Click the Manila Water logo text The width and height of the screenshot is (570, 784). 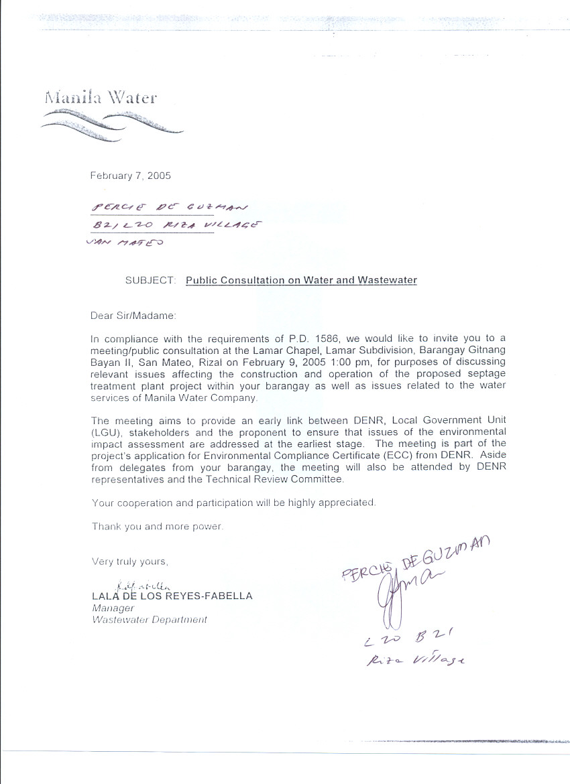tap(101, 98)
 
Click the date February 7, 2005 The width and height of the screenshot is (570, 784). tap(131, 176)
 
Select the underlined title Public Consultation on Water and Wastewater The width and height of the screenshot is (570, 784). tap(301, 280)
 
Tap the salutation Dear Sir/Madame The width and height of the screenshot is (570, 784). tap(132, 315)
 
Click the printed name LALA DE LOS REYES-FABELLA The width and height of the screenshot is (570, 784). tap(172, 596)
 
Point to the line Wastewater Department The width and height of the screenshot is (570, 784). tap(149, 620)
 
